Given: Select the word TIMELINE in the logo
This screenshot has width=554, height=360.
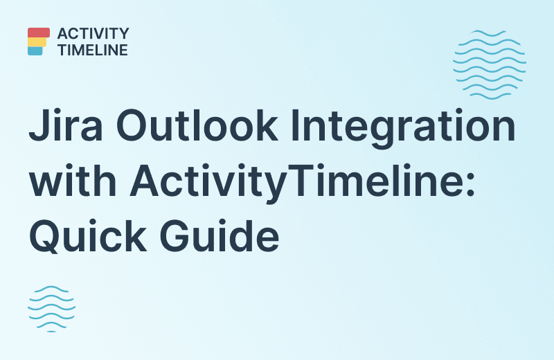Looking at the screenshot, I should (93, 50).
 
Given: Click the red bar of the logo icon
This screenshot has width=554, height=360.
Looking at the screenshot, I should (39, 33).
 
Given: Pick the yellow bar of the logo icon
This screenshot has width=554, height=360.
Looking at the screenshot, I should (37, 42).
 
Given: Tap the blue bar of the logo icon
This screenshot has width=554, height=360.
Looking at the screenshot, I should (35, 51).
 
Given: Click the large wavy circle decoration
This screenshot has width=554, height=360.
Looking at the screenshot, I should (489, 64).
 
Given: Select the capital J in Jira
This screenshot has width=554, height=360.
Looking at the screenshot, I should (37, 129).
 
